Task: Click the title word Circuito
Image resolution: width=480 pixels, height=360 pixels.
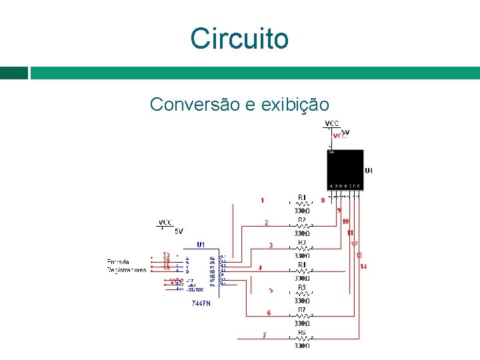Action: pyautogui.click(x=239, y=39)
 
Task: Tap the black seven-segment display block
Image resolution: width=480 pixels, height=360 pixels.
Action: pyautogui.click(x=345, y=169)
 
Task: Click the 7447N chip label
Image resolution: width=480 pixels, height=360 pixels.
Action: pyautogui.click(x=201, y=303)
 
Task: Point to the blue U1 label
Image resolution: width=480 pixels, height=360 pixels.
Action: pyautogui.click(x=201, y=245)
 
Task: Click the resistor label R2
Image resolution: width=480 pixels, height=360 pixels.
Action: pyautogui.click(x=302, y=220)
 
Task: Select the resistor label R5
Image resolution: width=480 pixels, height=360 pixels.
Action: pyautogui.click(x=302, y=287)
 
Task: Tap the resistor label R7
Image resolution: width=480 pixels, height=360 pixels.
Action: pyautogui.click(x=302, y=310)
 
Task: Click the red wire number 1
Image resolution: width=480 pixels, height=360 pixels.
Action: pyautogui.click(x=263, y=200)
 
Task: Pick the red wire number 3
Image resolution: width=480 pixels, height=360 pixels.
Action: pyautogui.click(x=271, y=245)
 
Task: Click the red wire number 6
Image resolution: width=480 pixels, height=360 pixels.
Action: pyautogui.click(x=269, y=312)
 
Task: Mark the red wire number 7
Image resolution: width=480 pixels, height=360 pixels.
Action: pyautogui.click(x=265, y=335)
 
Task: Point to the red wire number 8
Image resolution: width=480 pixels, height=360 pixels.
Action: pyautogui.click(x=323, y=199)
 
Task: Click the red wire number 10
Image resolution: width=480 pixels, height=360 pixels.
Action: pyautogui.click(x=345, y=221)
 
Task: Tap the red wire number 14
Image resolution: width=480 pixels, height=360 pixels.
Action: pyautogui.click(x=363, y=267)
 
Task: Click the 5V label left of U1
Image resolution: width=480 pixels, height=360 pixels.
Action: pyautogui.click(x=179, y=231)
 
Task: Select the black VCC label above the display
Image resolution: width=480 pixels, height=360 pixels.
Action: pyautogui.click(x=331, y=123)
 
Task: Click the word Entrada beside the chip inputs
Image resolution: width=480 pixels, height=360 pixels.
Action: pyautogui.click(x=118, y=261)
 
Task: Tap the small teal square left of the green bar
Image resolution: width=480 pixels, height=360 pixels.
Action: pyautogui.click(x=14, y=73)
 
